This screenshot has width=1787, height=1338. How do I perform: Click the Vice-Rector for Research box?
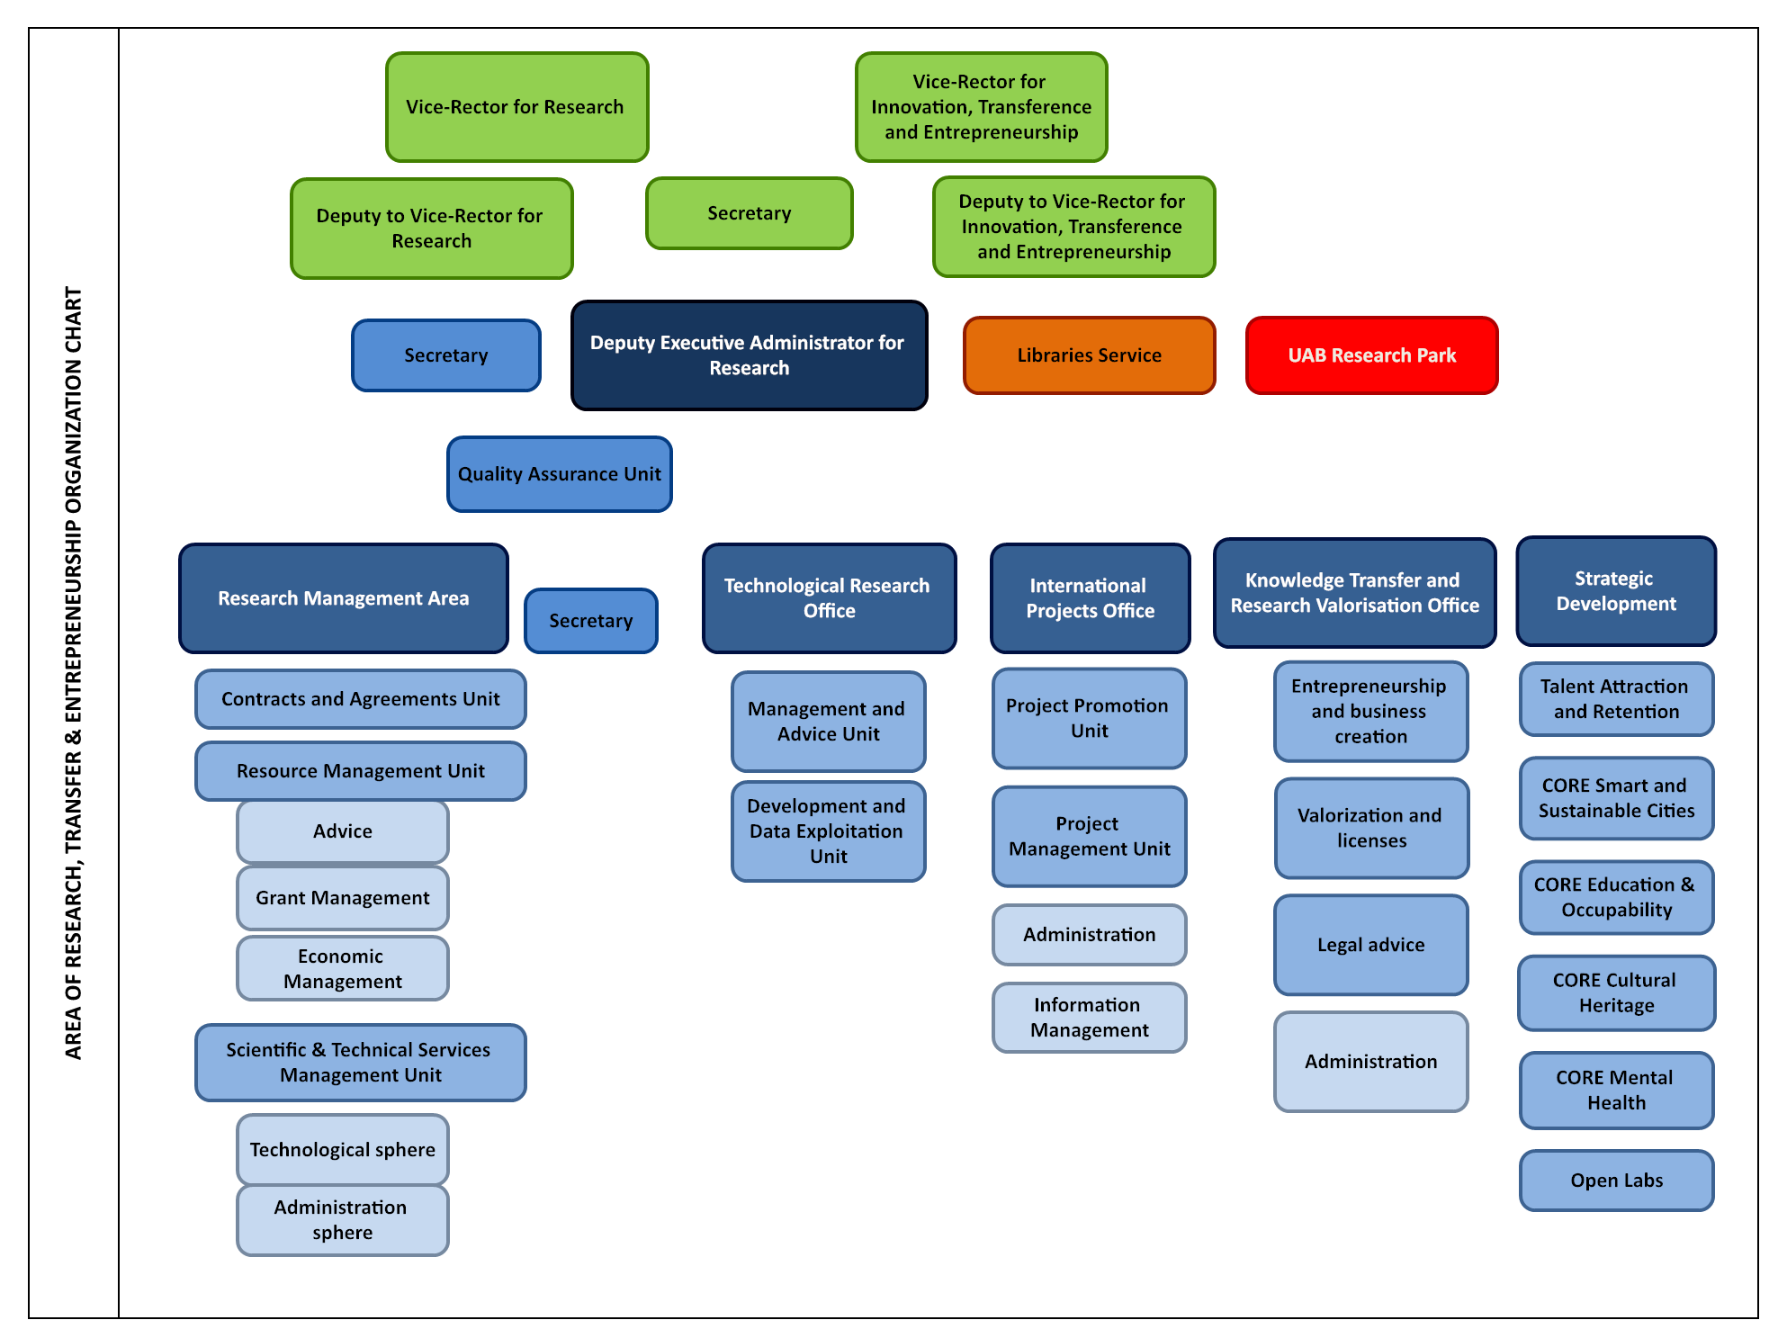pos(516,107)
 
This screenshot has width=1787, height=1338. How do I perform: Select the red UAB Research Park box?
pos(1371,355)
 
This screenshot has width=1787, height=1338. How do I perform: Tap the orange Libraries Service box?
pos(1089,355)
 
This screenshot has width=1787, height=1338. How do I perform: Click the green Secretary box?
pos(749,213)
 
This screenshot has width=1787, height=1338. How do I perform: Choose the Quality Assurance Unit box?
pos(559,474)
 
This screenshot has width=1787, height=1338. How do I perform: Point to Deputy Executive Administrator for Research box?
pos(749,355)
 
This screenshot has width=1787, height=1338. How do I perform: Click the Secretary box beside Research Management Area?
pos(590,621)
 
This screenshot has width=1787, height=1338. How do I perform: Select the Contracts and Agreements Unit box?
pos(360,699)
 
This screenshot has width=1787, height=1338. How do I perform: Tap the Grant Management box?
pos(342,898)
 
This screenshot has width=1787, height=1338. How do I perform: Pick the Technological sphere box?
pos(342,1150)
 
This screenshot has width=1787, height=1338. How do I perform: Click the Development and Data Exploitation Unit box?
pos(828,831)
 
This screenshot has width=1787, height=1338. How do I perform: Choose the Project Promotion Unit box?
pos(1089,718)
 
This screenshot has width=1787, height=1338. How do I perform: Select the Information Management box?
pos(1089,1018)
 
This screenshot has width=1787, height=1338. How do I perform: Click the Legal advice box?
pos(1370,945)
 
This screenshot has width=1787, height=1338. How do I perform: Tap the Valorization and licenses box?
pos(1370,828)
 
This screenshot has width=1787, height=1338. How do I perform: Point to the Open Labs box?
pos(1616,1181)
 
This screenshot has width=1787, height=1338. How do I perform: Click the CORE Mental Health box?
pos(1616,1091)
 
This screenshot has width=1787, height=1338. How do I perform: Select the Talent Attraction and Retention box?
pos(1616,699)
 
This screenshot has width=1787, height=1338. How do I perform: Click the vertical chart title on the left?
pos(74,673)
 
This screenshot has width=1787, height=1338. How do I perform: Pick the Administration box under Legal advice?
pos(1370,1062)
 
